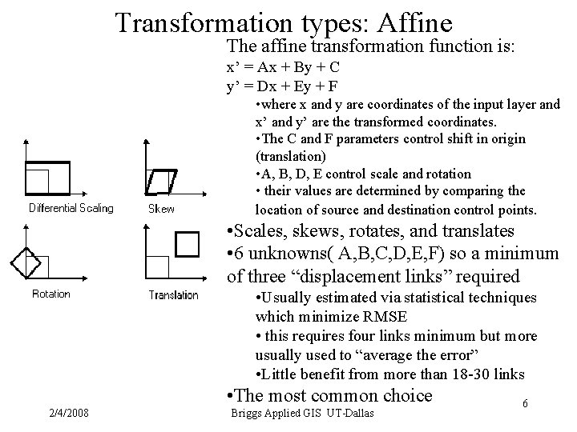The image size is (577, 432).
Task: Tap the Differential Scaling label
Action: [x=71, y=209]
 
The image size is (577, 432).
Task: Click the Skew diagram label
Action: [x=162, y=209]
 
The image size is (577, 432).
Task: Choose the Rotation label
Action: [x=51, y=294]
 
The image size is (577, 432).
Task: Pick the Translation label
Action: [x=173, y=294]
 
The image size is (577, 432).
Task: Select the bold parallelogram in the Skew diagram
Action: [x=162, y=181]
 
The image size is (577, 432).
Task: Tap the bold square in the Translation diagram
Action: [x=187, y=243]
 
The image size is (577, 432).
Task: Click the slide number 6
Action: [x=525, y=405]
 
